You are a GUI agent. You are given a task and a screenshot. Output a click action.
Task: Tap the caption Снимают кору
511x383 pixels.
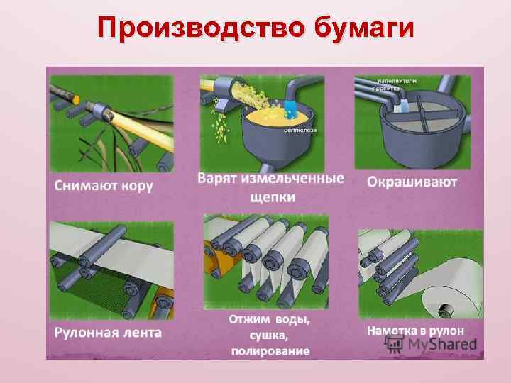[x=103, y=186]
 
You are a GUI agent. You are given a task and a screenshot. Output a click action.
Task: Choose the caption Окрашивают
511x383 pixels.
[x=412, y=182]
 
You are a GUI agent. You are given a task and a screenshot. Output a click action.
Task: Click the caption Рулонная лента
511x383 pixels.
[x=107, y=331]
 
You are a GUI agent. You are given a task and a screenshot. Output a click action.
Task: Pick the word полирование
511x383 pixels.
[x=270, y=350]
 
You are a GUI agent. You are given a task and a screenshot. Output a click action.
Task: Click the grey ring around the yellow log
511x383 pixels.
[x=99, y=111]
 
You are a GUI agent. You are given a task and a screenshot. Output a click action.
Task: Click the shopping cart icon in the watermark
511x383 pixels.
[x=393, y=344]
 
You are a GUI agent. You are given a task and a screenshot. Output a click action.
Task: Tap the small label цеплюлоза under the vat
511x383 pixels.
[x=299, y=131]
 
